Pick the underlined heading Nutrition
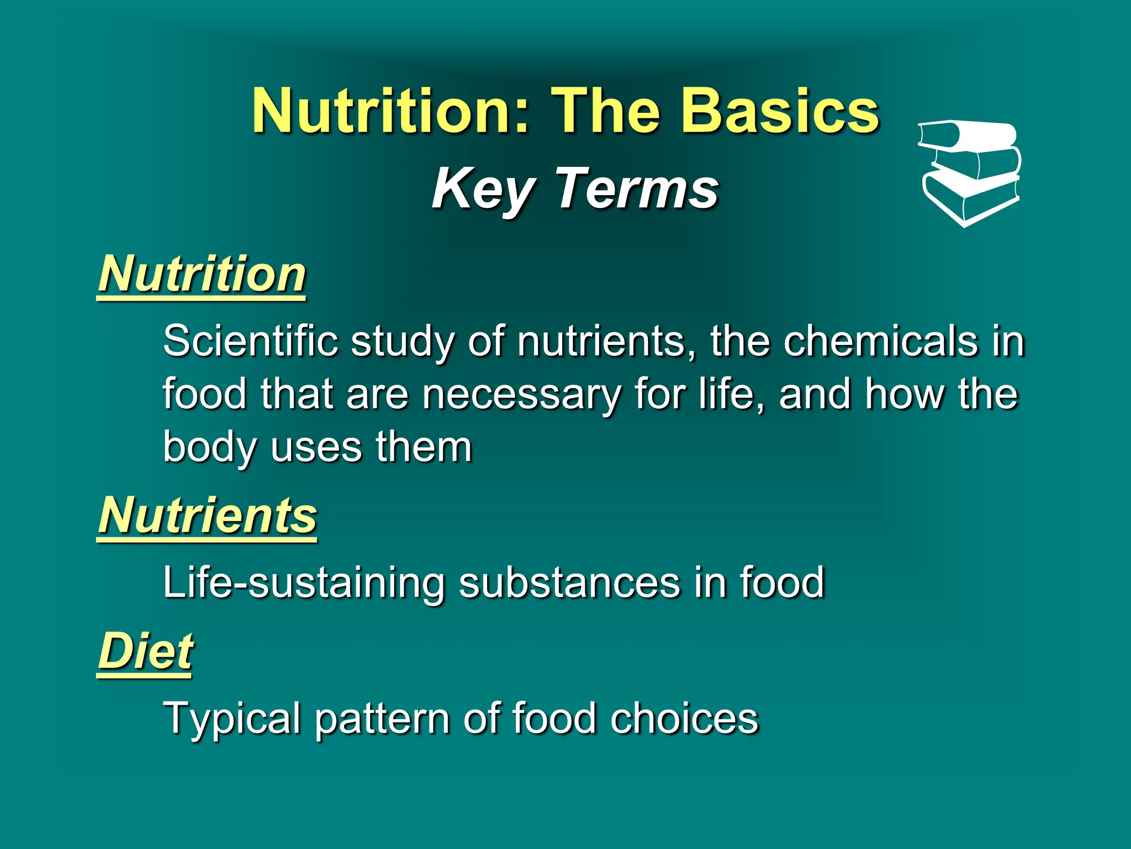coord(202,274)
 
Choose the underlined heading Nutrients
coord(208,515)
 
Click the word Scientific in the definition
coord(250,341)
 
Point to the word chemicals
coord(880,341)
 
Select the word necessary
coord(521,394)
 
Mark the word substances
coord(569,583)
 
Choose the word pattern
coord(382,719)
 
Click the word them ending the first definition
coord(424,447)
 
